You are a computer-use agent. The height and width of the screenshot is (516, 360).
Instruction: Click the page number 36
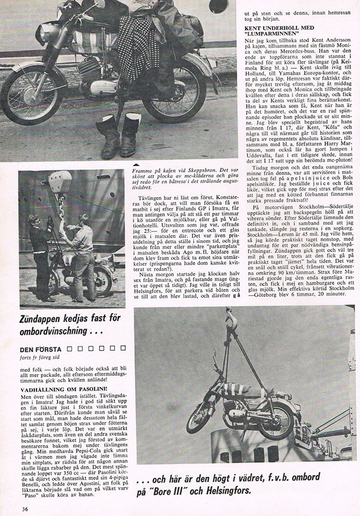click(24, 509)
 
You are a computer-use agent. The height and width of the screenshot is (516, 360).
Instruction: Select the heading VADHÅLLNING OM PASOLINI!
click(63, 388)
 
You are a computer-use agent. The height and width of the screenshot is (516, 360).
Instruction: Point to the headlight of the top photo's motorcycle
click(47, 33)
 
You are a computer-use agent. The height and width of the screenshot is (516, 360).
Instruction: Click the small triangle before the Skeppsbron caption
click(135, 164)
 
